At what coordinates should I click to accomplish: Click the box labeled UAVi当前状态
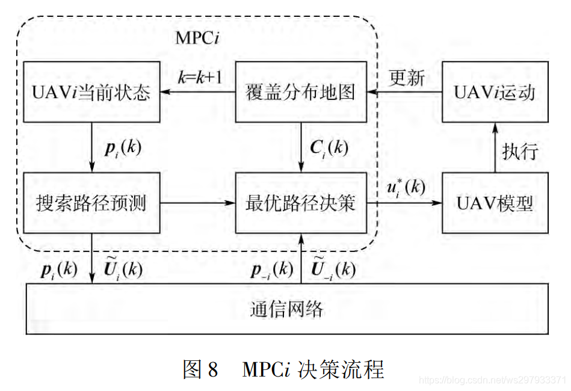pos(91,93)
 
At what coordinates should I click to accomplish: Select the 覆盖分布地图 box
pos(300,93)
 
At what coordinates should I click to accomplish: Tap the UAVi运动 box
pos(495,93)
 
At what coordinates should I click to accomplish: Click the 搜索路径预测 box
pos(91,203)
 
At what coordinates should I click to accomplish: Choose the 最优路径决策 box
pos(300,203)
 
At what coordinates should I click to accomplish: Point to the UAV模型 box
pos(495,203)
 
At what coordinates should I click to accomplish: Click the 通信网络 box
pos(286,309)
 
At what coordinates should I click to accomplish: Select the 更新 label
pos(407,78)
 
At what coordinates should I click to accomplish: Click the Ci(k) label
pos(329,147)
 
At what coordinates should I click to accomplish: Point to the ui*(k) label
pos(405,186)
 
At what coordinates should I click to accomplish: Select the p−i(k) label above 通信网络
pos(271,269)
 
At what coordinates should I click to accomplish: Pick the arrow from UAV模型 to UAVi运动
pos(495,147)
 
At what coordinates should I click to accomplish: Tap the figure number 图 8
pos(200,369)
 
